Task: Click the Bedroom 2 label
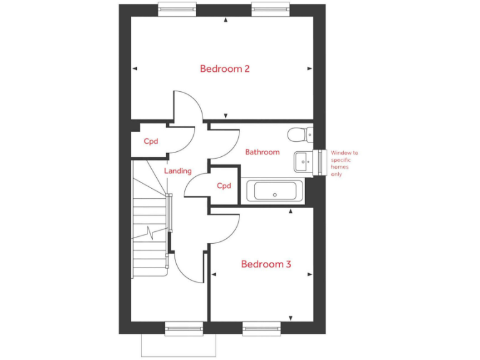[x=225, y=69]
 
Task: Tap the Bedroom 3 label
[x=266, y=264]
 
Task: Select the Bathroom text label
[x=262, y=152]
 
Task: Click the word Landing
[x=177, y=171]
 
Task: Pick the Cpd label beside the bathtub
[x=224, y=186]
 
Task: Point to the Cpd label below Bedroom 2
[x=151, y=141]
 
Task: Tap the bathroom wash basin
[x=303, y=161]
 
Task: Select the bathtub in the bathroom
[x=275, y=191]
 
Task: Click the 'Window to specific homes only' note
[x=344, y=163]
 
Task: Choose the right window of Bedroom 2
[x=270, y=7]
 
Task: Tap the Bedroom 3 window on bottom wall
[x=261, y=327]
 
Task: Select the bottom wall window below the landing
[x=184, y=327]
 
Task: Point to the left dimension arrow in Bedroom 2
[x=134, y=69]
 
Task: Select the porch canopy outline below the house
[x=179, y=346]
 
